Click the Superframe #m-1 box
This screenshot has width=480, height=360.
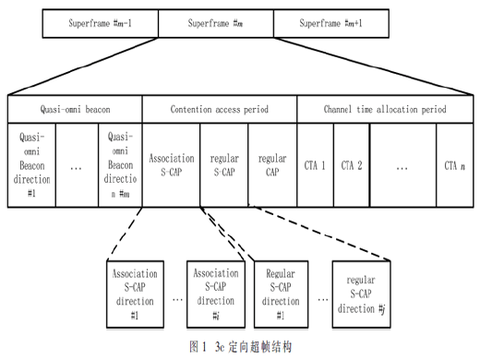click(x=101, y=23)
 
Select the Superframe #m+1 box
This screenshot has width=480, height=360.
click(x=331, y=23)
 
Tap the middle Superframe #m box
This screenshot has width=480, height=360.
click(x=216, y=23)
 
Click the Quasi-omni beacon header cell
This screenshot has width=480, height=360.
click(x=75, y=109)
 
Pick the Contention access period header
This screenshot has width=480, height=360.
click(x=220, y=109)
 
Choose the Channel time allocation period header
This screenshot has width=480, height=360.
click(x=385, y=109)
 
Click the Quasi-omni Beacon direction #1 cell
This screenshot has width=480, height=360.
click(x=31, y=165)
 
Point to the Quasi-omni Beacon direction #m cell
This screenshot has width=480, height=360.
click(x=120, y=165)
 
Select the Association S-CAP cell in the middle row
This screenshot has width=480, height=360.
click(x=172, y=165)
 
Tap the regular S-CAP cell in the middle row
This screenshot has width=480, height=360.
click(x=224, y=165)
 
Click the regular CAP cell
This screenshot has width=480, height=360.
click(x=272, y=165)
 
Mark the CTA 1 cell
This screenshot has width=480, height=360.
click(x=315, y=165)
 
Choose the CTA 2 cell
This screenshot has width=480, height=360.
click(x=352, y=165)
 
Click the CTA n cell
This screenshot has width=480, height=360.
click(x=455, y=165)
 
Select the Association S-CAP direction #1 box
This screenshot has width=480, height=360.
click(x=135, y=294)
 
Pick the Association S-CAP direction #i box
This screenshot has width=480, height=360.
click(x=216, y=294)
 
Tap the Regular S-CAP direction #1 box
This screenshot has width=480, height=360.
click(x=281, y=294)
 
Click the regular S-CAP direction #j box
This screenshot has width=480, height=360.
click(x=361, y=294)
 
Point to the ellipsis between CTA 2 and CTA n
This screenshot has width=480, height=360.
click(x=402, y=168)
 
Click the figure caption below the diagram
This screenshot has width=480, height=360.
click(x=241, y=347)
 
